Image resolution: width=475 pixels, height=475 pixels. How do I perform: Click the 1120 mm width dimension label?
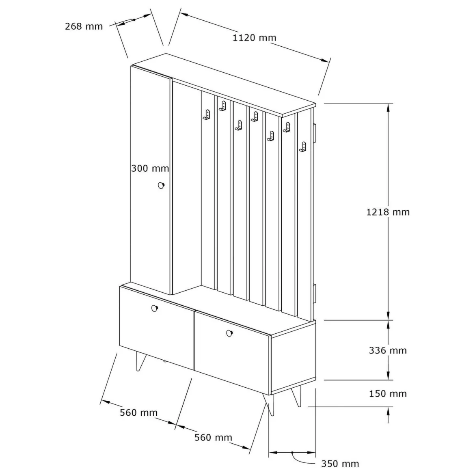pyautogui.click(x=255, y=38)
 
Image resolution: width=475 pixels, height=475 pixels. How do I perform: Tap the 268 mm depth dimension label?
pyautogui.click(x=84, y=26)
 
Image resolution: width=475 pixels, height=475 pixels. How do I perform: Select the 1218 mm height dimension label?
pyautogui.click(x=388, y=212)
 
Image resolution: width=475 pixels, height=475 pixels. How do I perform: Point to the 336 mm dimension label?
pyautogui.click(x=388, y=350)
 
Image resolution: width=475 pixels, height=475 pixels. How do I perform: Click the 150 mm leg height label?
pyautogui.click(x=388, y=394)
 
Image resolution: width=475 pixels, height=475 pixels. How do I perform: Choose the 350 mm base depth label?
pyautogui.click(x=340, y=464)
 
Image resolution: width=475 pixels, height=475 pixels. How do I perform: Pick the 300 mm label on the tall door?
pyautogui.click(x=150, y=168)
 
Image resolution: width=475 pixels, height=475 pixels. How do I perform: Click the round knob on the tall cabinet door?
pyautogui.click(x=161, y=186)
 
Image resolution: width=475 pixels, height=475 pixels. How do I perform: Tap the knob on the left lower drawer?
pyautogui.click(x=155, y=309)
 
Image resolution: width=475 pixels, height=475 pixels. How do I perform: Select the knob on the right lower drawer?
pyautogui.click(x=229, y=333)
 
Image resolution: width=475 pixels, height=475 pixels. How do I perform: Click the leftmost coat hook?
pyautogui.click(x=206, y=115)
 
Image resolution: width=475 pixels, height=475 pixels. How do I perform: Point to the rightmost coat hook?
pyautogui.click(x=302, y=147)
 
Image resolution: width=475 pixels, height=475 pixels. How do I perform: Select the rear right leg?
pyautogui.click(x=297, y=396)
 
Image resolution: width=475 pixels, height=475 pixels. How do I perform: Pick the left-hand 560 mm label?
pyautogui.click(x=139, y=412)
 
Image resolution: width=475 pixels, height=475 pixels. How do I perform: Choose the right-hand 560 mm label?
pyautogui.click(x=213, y=437)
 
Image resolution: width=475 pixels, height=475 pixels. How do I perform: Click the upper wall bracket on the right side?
pyautogui.click(x=315, y=132)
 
